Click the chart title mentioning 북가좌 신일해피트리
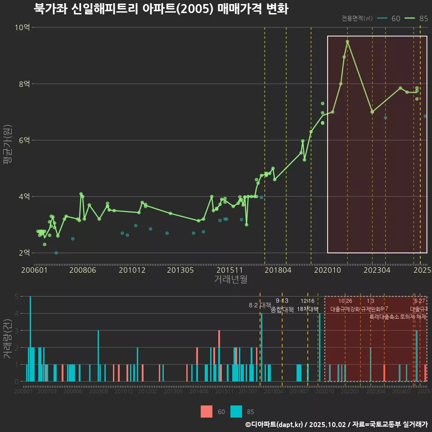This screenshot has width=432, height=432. pyautogui.click(x=161, y=9)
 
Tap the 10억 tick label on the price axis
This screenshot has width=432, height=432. pyautogui.click(x=22, y=27)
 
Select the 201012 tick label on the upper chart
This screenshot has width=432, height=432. pyautogui.click(x=132, y=270)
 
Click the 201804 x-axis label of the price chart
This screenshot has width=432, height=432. pyautogui.click(x=278, y=270)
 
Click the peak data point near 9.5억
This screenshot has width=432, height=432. pyautogui.click(x=347, y=41)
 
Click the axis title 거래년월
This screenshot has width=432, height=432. pyautogui.click(x=230, y=279)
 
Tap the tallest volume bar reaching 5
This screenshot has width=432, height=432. pyautogui.click(x=30, y=338)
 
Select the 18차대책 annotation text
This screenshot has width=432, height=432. pyautogui.click(x=308, y=309)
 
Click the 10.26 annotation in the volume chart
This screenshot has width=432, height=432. pyautogui.click(x=345, y=301)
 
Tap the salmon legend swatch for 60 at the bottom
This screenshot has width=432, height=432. pyautogui.click(x=207, y=411)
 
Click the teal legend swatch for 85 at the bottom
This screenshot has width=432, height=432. pyautogui.click(x=236, y=411)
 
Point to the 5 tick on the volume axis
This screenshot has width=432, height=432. pyautogui.click(x=16, y=297)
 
